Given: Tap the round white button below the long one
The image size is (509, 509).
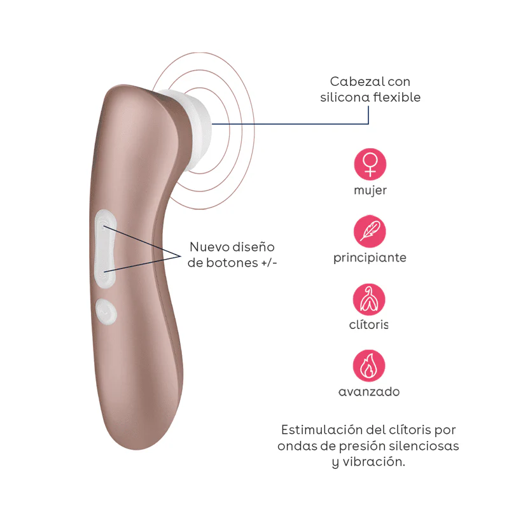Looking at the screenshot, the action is click(x=106, y=312).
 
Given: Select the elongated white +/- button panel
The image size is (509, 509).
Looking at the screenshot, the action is click(x=105, y=249).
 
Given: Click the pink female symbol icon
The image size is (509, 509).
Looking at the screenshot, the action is click(x=370, y=164).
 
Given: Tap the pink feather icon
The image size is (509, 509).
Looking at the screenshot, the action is click(x=370, y=231).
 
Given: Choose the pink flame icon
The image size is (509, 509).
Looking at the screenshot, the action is click(x=369, y=365).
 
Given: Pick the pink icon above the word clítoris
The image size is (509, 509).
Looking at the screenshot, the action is click(x=369, y=299).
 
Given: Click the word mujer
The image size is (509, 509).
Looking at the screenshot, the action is click(x=370, y=190).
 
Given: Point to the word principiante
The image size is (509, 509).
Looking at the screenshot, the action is click(x=370, y=258).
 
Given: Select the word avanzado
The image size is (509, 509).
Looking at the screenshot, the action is click(x=369, y=392).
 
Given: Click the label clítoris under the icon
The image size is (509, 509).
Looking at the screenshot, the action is click(x=369, y=324).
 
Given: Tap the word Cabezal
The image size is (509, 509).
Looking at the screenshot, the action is click(x=351, y=81).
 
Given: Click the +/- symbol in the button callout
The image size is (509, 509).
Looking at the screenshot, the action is click(x=269, y=263).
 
